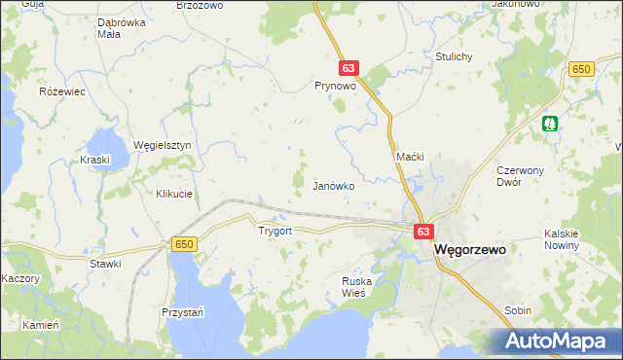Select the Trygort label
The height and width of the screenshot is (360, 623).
(275, 232)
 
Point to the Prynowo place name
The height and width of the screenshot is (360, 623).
(334, 86)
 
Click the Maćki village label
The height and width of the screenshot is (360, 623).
(409, 157)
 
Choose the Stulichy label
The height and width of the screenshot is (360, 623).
(455, 56)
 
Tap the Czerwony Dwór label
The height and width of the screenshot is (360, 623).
(523, 175)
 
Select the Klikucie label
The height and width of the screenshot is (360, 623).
(174, 194)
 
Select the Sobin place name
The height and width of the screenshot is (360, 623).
(518, 309)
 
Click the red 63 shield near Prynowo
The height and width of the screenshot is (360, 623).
(349, 68)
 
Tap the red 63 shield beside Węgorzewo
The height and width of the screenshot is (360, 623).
(422, 232)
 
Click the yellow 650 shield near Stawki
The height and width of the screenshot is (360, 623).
(184, 244)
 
